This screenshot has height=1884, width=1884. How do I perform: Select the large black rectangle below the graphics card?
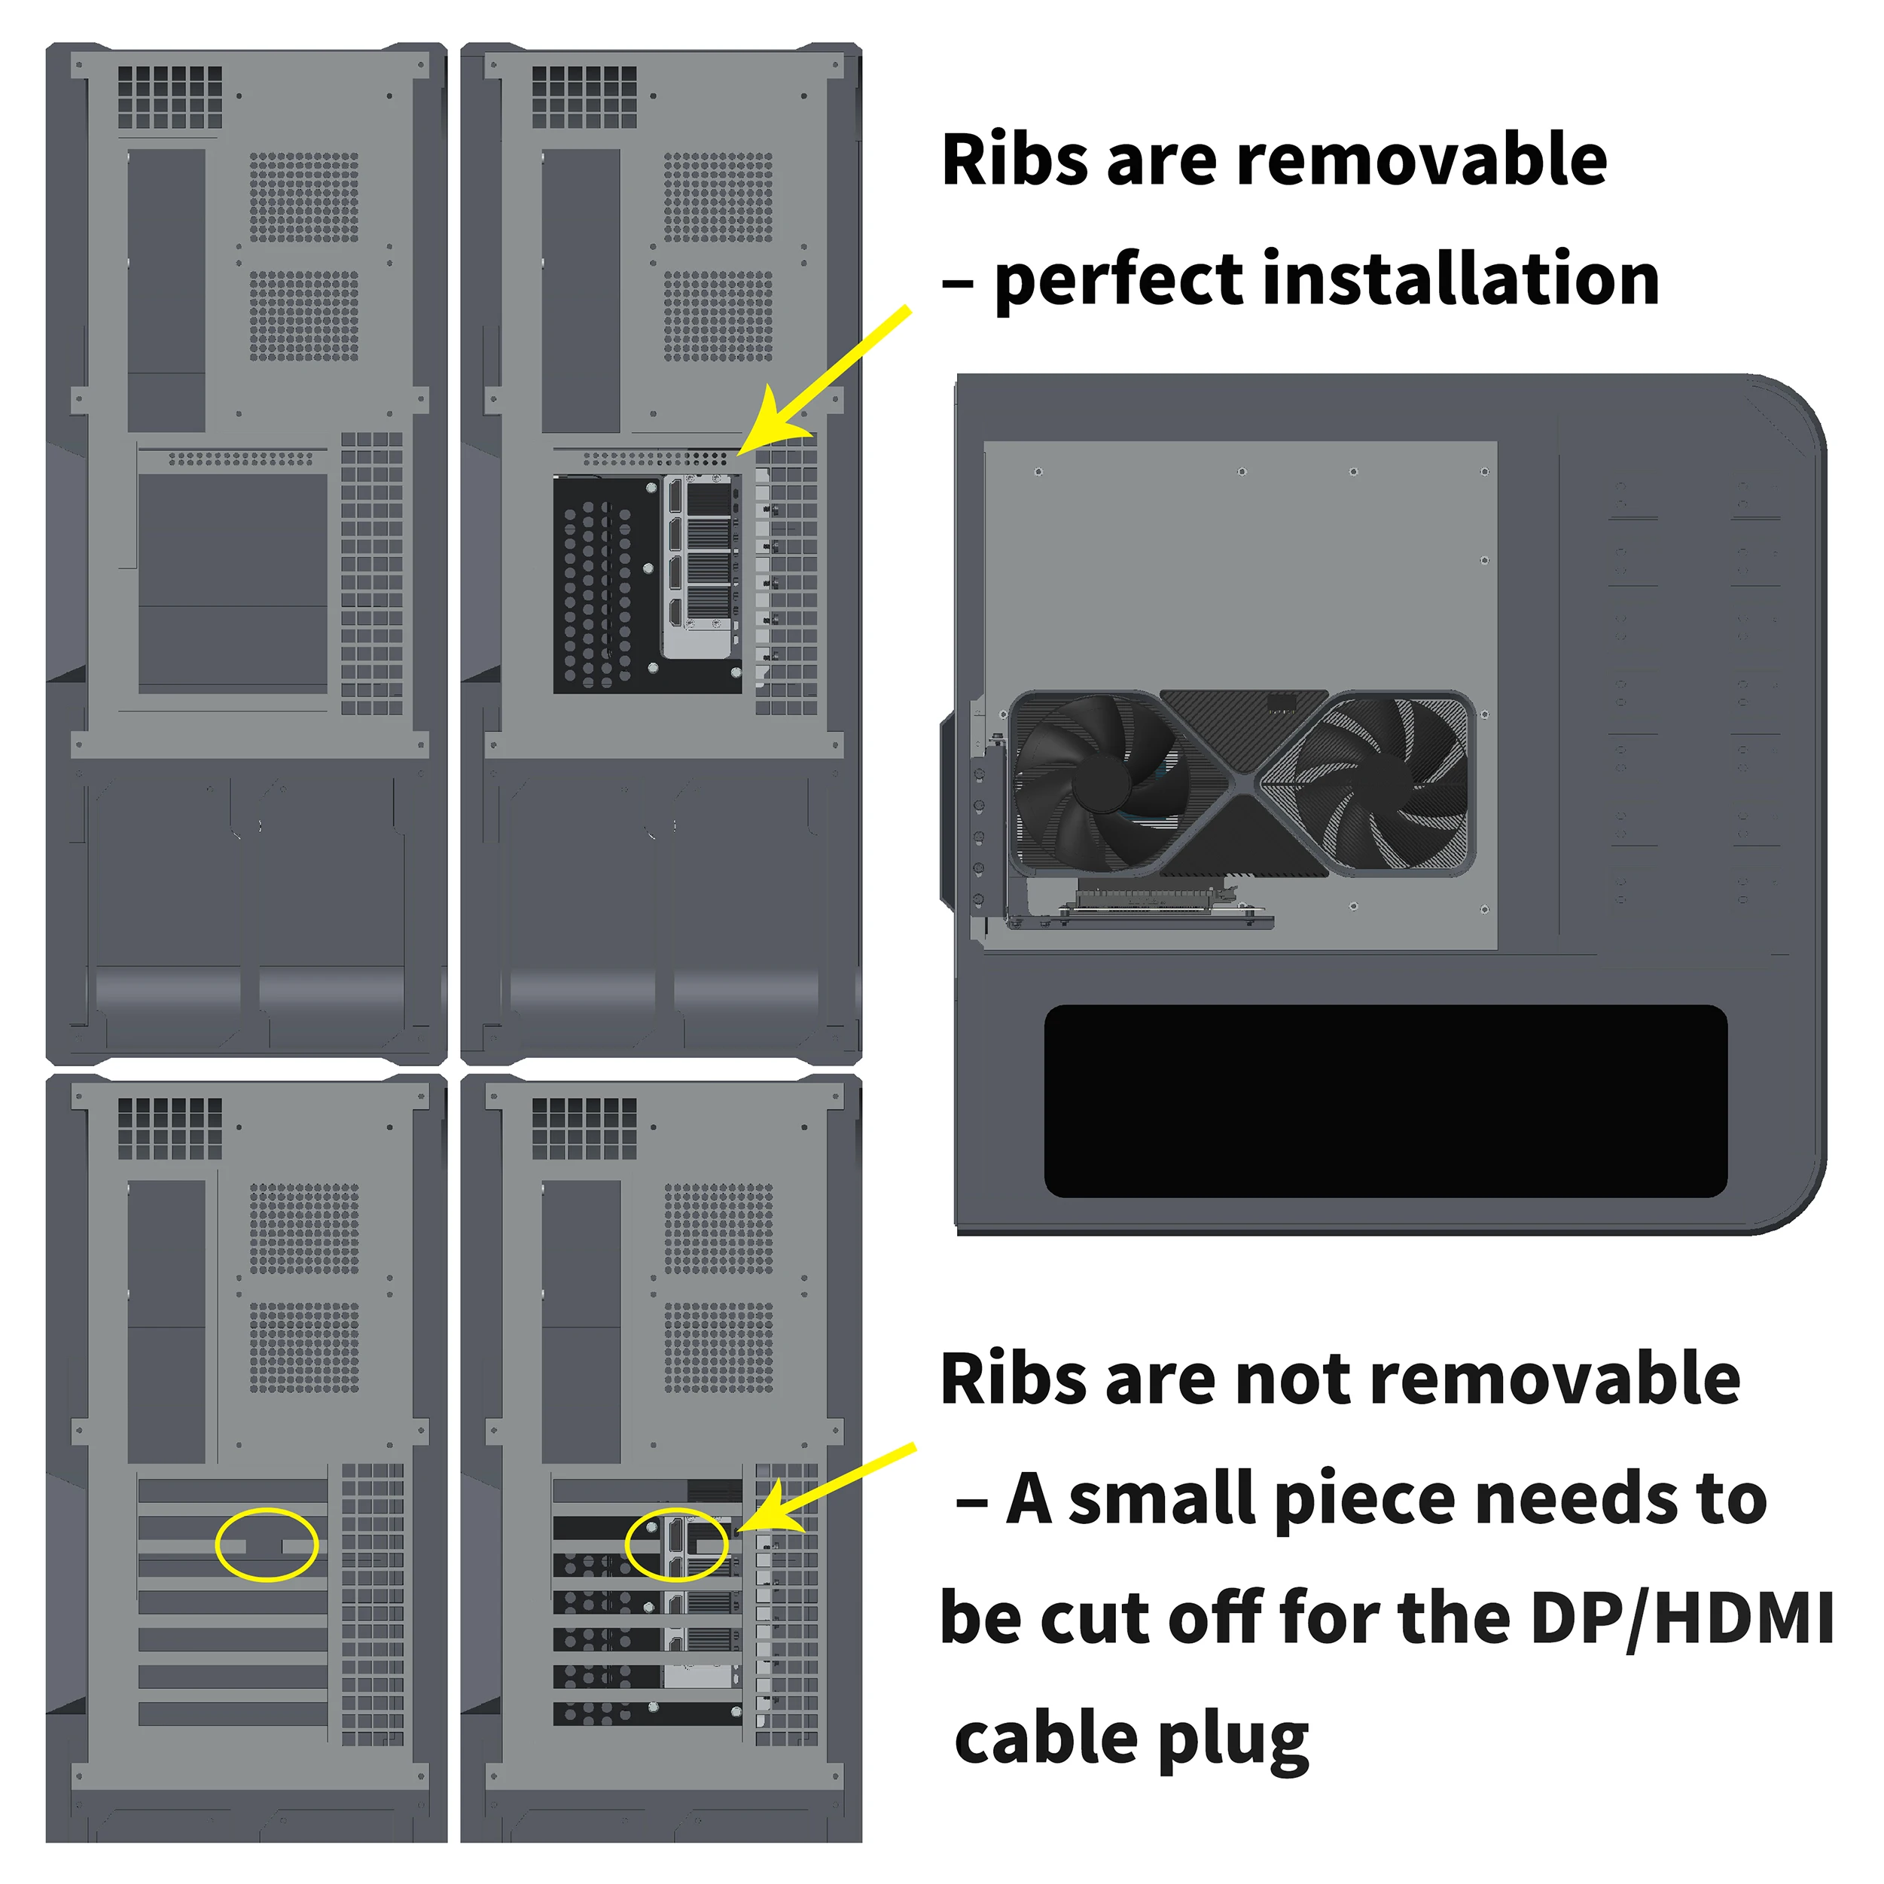tap(1385, 1101)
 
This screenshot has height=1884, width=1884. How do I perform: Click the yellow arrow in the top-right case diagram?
tap(824, 380)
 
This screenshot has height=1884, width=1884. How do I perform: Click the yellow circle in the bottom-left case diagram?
tap(267, 1544)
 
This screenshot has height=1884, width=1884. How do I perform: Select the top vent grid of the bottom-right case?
tap(584, 1128)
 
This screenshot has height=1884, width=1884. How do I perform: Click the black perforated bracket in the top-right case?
tap(605, 585)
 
